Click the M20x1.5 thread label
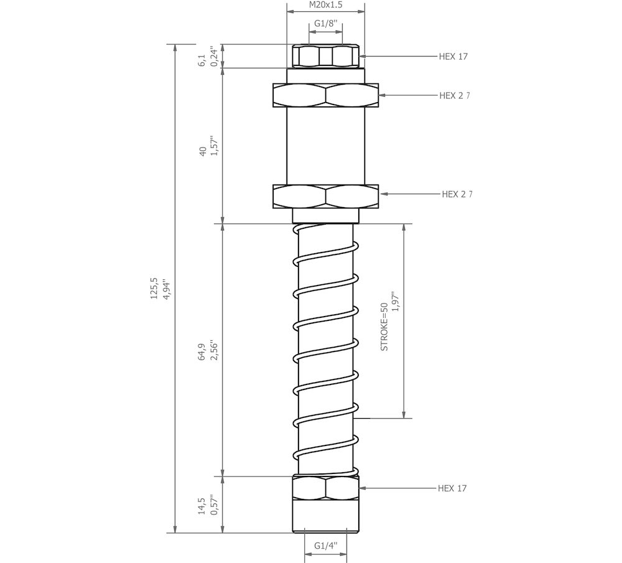[326, 5]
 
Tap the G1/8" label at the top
[326, 24]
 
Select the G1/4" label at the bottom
[326, 546]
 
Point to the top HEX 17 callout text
[453, 57]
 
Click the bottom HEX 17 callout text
[452, 488]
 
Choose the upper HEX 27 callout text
[455, 96]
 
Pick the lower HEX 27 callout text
[457, 194]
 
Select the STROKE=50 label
[384, 327]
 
